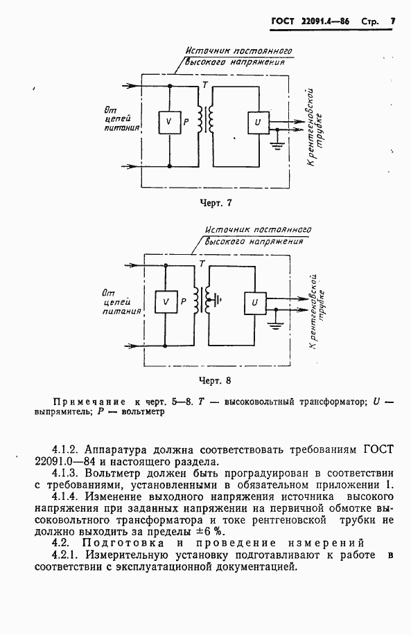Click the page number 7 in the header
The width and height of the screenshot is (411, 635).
tap(392, 21)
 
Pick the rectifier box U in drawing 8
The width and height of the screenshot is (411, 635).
tap(253, 303)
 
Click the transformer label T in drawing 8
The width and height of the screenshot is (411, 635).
tap(202, 264)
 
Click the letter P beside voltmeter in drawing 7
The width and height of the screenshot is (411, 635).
tap(185, 122)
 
